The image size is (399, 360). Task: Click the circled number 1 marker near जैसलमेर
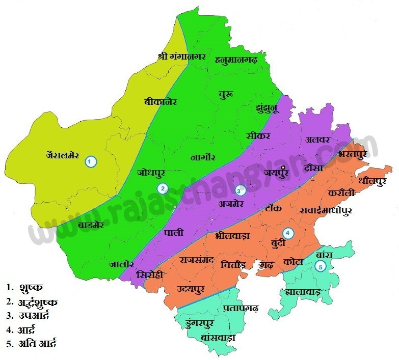[90, 161]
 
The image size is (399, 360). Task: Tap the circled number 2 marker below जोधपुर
[162, 188]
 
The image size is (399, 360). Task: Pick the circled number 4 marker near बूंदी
[288, 233]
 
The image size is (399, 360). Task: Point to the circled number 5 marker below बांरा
[320, 266]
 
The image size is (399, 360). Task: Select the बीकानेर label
[160, 101]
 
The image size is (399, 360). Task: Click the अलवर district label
[318, 139]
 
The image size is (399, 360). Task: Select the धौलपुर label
[373, 180]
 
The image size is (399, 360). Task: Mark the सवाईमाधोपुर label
[326, 209]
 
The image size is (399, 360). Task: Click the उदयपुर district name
[191, 290]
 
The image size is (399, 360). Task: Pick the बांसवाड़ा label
[218, 337]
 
